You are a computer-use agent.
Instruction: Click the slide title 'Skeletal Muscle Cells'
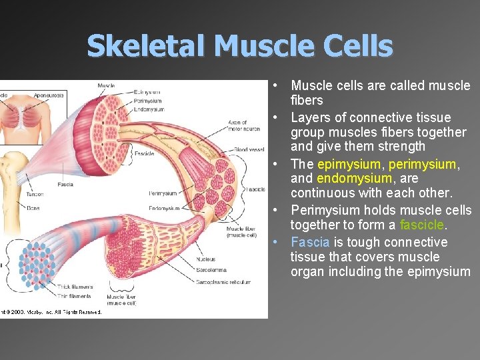tap(240, 46)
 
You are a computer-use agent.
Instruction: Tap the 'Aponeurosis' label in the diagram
tap(49, 95)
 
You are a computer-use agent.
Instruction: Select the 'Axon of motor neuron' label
tap(243, 125)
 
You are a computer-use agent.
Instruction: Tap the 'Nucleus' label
tap(206, 259)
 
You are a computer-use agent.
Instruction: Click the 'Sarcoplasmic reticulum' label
tap(223, 283)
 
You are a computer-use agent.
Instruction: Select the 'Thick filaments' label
tap(75, 287)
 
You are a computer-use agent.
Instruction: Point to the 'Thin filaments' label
tap(75, 296)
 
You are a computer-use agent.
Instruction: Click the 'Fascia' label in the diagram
tap(65, 185)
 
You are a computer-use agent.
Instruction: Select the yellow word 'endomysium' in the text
tap(354, 179)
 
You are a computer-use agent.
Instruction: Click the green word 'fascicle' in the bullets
tap(421, 225)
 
